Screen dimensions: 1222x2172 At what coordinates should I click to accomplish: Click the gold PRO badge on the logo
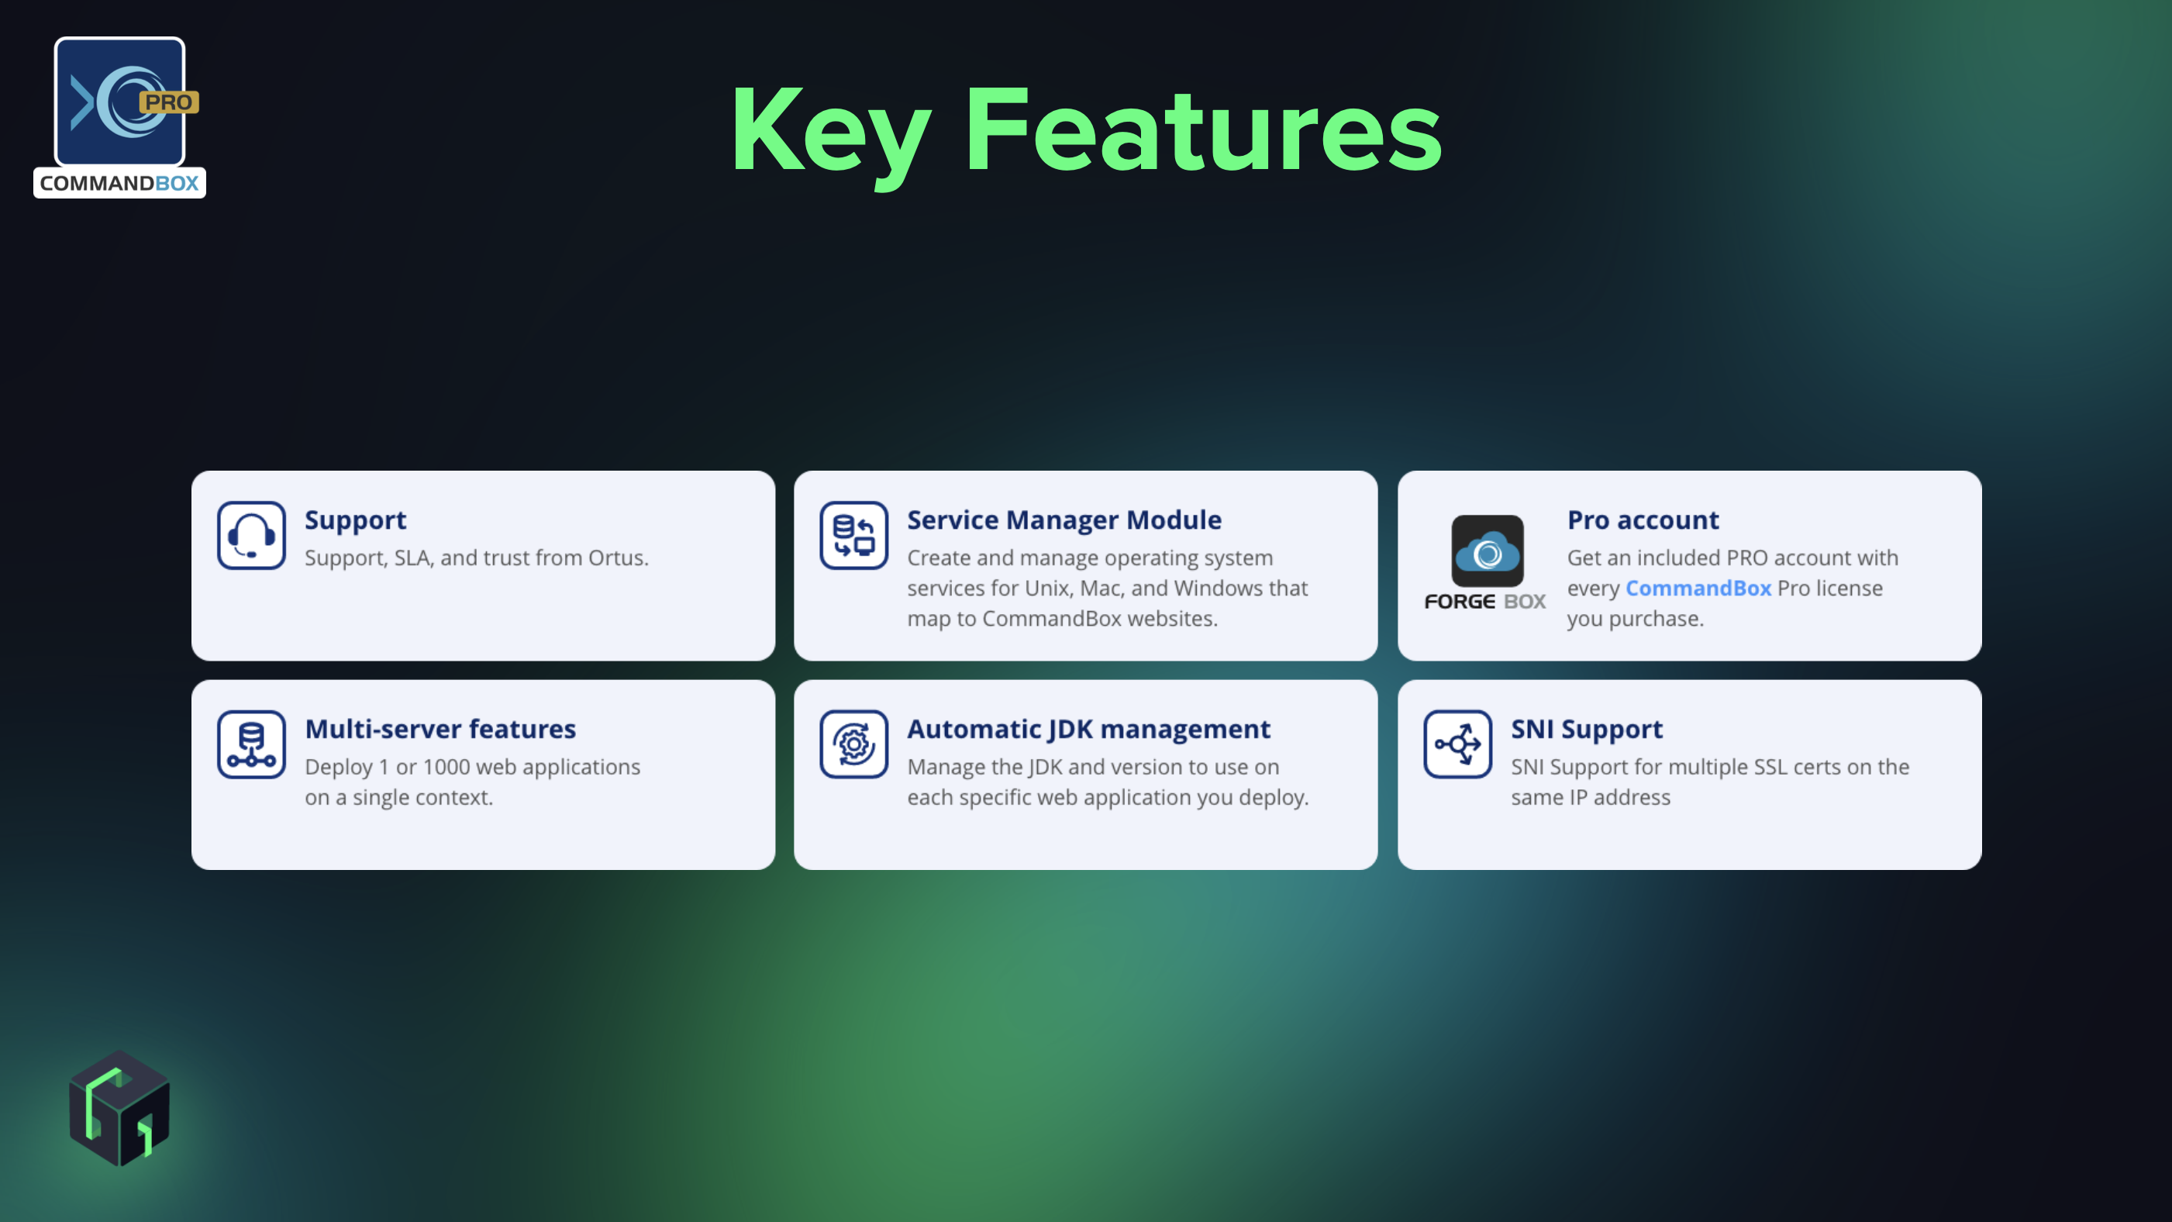pyautogui.click(x=169, y=102)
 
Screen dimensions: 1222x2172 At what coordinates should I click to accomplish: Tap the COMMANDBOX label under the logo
pyautogui.click(x=119, y=183)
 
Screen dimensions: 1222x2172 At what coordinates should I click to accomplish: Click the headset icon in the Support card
pyautogui.click(x=251, y=536)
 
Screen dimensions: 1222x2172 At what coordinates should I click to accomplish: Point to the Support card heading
pyautogui.click(x=355, y=520)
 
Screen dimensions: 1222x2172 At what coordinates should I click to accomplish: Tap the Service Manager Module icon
pyautogui.click(x=853, y=536)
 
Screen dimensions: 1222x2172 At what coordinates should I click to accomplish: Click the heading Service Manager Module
pyautogui.click(x=1064, y=520)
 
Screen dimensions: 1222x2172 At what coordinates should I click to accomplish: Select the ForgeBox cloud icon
pyautogui.click(x=1488, y=551)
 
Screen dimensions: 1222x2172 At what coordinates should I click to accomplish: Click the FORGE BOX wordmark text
pyautogui.click(x=1484, y=601)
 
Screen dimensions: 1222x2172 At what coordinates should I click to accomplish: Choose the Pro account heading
pyautogui.click(x=1643, y=520)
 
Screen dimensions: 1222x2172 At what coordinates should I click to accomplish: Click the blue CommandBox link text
pyautogui.click(x=1698, y=588)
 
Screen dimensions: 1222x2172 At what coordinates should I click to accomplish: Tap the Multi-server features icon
pyautogui.click(x=251, y=744)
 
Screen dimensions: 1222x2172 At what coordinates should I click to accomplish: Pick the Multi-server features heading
pyautogui.click(x=440, y=730)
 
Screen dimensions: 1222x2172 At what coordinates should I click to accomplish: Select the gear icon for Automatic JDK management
pyautogui.click(x=853, y=744)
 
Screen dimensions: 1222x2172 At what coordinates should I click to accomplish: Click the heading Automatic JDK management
pyautogui.click(x=1088, y=730)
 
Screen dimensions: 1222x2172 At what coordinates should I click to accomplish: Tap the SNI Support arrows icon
pyautogui.click(x=1458, y=744)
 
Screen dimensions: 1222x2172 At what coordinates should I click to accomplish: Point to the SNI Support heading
pyautogui.click(x=1586, y=730)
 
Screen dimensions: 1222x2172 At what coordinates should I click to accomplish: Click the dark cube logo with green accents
pyautogui.click(x=119, y=1108)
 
